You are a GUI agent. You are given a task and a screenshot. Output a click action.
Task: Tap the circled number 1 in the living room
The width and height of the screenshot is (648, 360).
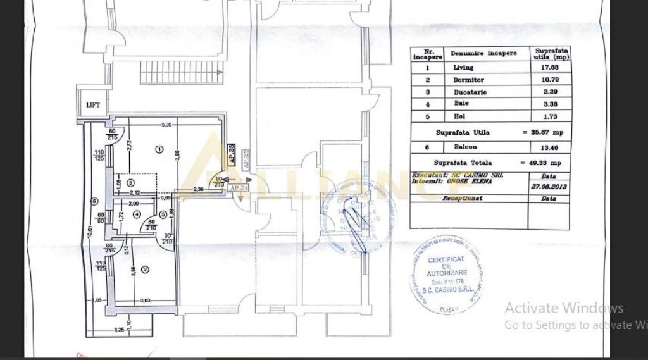(x=159, y=150)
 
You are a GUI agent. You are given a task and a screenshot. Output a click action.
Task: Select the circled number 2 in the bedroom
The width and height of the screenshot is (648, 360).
(x=146, y=270)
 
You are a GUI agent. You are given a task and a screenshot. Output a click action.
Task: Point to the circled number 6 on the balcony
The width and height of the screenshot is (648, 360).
(x=94, y=202)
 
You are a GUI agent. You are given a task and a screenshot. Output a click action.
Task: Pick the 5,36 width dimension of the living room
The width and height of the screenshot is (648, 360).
(x=167, y=125)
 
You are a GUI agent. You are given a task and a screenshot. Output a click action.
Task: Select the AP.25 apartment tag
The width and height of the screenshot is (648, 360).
(x=231, y=155)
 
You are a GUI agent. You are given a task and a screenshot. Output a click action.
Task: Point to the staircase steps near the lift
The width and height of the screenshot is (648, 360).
(x=182, y=71)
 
